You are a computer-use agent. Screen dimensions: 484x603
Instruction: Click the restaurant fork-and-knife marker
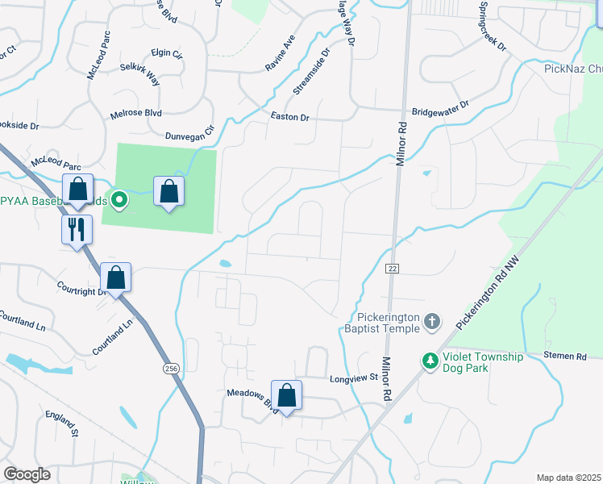77,228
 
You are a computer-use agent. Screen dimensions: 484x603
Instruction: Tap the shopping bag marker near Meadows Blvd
286,395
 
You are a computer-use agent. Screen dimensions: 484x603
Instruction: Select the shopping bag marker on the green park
168,191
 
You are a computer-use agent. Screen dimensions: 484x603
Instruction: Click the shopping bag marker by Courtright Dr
116,277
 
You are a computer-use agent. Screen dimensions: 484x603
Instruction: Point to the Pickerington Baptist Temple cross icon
432,322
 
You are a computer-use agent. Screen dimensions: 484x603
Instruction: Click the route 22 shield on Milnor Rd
393,268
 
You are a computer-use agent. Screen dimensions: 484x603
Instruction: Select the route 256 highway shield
170,368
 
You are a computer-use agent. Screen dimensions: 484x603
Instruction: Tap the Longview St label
354,378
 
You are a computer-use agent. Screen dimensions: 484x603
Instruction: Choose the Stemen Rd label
564,355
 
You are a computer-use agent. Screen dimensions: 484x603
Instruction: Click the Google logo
27,474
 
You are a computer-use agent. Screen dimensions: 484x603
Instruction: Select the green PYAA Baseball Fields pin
119,198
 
